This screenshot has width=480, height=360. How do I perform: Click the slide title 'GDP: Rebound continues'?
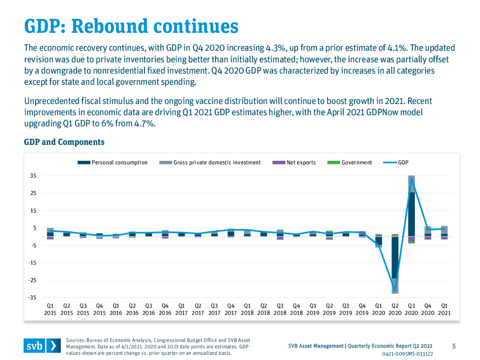(131, 26)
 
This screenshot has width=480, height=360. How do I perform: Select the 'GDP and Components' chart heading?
(64, 142)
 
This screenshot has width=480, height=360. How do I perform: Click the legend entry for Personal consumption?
(112, 163)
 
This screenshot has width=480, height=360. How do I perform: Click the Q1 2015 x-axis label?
(50, 309)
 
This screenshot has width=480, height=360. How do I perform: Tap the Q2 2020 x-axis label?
(395, 309)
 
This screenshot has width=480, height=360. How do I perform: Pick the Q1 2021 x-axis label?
(444, 309)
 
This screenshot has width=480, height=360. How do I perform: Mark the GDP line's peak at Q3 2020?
(412, 179)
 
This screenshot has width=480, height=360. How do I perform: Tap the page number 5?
(454, 346)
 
